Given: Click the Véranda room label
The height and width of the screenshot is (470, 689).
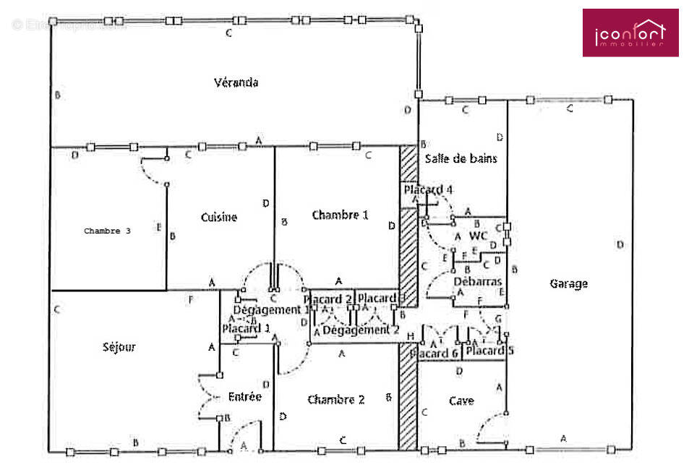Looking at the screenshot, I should point(236,82).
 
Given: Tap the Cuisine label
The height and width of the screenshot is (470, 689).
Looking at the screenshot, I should point(218,218).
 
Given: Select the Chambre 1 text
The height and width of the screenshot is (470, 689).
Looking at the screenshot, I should point(340,215).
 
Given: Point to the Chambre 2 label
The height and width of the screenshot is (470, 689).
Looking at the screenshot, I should point(335,400).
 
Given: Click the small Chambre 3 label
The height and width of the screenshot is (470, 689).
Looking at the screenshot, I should point(107,231).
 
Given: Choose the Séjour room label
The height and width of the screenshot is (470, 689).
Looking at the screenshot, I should point(119,347).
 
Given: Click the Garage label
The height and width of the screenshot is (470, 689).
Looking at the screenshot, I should point(568,284).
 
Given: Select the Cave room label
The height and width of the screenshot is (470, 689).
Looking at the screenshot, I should point(461,401).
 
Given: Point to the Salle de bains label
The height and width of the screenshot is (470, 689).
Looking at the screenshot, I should point(461,158).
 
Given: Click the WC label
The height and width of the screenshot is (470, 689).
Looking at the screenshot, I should point(478,236).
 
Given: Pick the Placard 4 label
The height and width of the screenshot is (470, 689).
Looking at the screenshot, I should point(428,190).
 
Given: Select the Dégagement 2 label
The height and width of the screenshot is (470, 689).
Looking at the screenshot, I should point(360,330).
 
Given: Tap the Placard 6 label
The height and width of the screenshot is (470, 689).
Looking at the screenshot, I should point(434,354).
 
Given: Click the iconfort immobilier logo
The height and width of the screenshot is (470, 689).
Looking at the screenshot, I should point(630,33).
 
